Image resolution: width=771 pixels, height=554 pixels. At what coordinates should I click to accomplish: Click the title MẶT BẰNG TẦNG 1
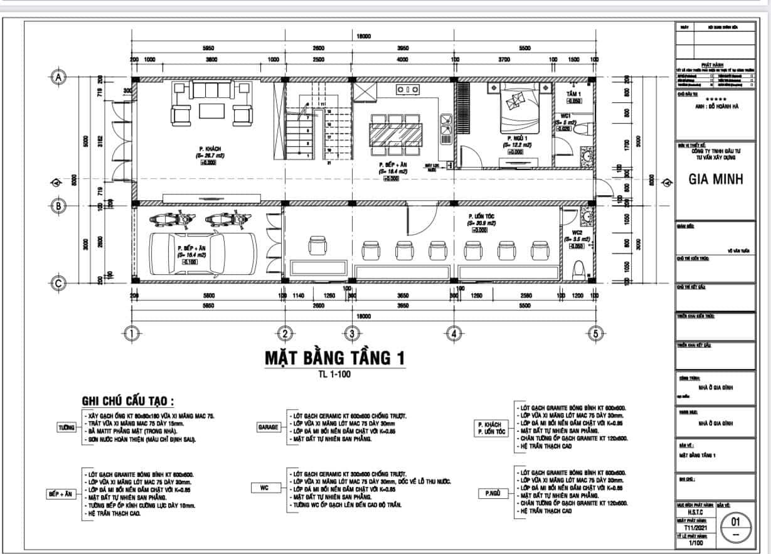pyautogui.click(x=334, y=358)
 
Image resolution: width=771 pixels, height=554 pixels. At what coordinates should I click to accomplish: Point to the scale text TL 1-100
pyautogui.click(x=334, y=375)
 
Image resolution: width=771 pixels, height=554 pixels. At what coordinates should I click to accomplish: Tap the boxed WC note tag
pyautogui.click(x=265, y=487)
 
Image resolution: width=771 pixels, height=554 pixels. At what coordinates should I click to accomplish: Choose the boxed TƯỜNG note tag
pyautogui.click(x=66, y=427)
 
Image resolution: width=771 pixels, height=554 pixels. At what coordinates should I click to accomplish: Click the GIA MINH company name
pyautogui.click(x=715, y=179)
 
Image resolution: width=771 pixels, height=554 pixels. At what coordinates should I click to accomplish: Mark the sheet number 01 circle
pyautogui.click(x=736, y=526)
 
